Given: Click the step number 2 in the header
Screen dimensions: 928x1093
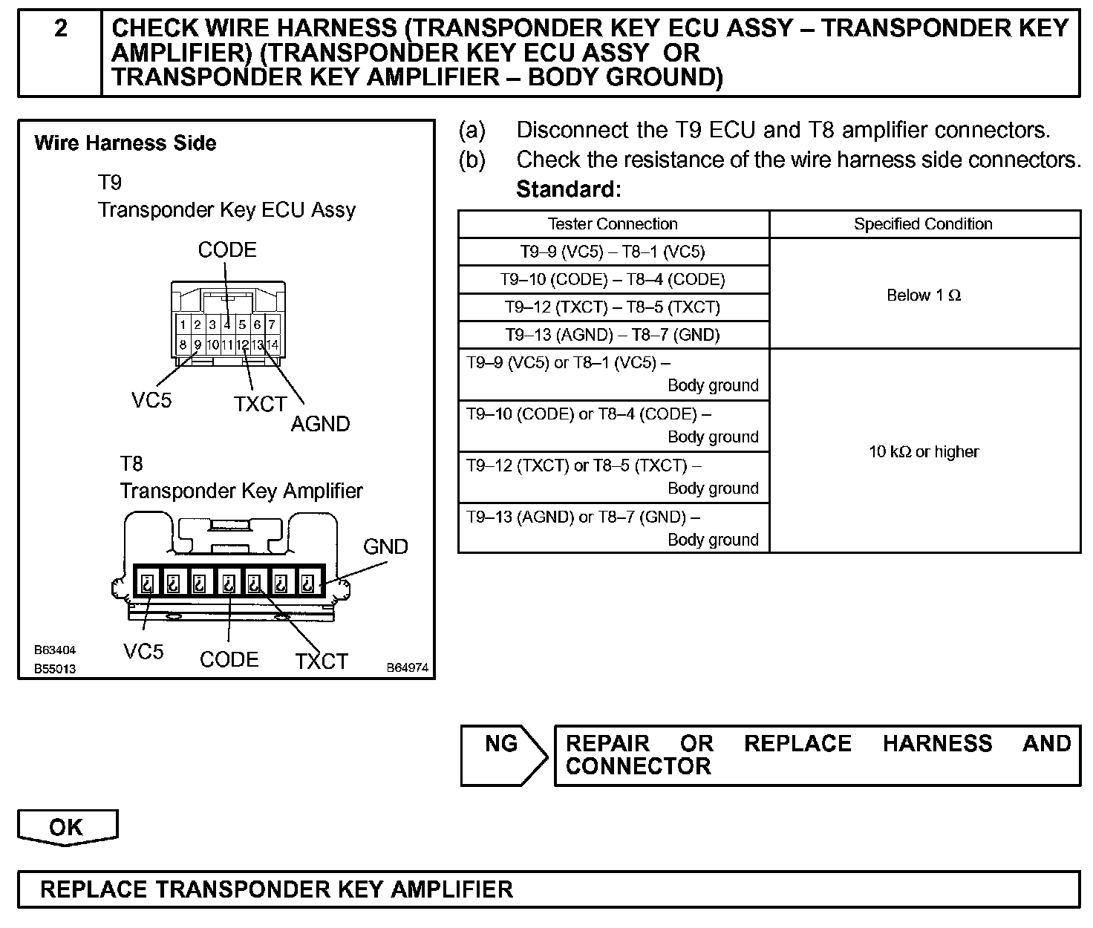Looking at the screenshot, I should click(60, 29).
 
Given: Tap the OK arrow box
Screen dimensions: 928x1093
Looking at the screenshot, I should click(67, 827).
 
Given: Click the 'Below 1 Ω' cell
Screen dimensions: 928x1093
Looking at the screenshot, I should click(924, 295).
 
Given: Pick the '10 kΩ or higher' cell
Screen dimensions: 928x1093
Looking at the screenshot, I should click(924, 451).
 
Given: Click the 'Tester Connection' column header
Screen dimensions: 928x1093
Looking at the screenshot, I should click(613, 224).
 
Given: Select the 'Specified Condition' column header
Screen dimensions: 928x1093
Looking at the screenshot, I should click(923, 224).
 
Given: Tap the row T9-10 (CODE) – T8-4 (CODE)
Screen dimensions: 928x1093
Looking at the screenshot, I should click(613, 280).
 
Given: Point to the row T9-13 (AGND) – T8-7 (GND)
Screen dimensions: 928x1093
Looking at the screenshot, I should click(613, 335).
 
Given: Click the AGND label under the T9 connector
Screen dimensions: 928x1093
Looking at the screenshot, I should click(320, 424).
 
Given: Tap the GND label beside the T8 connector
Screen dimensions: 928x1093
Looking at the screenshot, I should click(385, 547).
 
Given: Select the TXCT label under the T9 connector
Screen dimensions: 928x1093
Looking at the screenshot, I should click(260, 404).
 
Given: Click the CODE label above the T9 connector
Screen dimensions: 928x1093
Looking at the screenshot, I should click(227, 250).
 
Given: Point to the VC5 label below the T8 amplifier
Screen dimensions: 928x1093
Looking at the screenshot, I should click(143, 652).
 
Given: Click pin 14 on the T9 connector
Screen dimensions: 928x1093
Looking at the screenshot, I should click(273, 344).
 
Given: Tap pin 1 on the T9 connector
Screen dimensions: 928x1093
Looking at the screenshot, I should click(183, 324).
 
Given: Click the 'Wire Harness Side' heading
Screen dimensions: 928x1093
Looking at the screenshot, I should click(125, 143).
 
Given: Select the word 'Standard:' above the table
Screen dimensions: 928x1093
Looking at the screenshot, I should click(568, 189).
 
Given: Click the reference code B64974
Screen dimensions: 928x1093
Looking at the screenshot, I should click(407, 667).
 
